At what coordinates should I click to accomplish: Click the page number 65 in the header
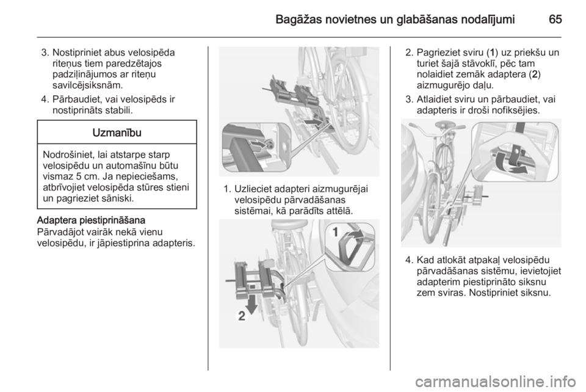[x=555, y=20]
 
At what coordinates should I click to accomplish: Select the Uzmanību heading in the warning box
[x=117, y=132]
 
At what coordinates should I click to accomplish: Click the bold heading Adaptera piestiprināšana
[x=91, y=220]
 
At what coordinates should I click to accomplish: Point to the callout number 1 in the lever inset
[x=335, y=232]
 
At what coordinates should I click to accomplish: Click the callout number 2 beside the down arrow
[x=242, y=316]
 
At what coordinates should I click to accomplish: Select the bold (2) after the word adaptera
[x=536, y=74]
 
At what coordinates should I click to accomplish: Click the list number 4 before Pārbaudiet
[x=45, y=100]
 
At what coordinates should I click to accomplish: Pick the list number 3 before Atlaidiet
[x=409, y=100]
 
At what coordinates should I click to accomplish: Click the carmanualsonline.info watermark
[x=496, y=382]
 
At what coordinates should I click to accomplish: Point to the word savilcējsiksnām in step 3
[x=87, y=85]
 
